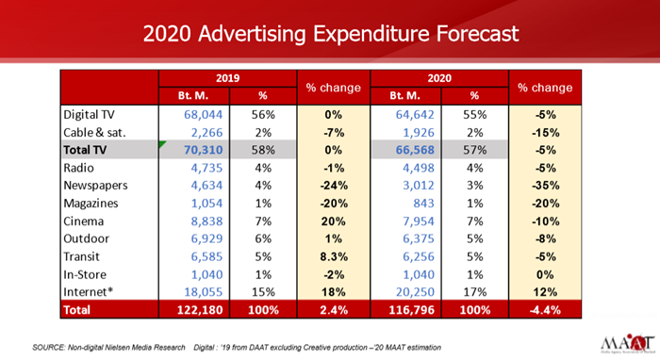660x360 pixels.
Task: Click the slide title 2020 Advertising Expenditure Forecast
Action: point(331,34)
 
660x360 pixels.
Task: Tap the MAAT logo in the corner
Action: point(627,344)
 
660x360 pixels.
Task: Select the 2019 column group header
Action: point(228,78)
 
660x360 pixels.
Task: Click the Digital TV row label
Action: point(89,114)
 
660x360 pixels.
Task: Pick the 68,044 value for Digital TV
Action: point(204,114)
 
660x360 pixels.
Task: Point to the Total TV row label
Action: point(85,150)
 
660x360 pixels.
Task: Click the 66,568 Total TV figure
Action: point(415,150)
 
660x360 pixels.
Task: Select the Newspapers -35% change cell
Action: point(545,186)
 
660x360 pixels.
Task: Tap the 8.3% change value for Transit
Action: point(334,256)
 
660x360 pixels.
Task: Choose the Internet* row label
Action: point(89,292)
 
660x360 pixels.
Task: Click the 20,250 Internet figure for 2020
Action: point(415,292)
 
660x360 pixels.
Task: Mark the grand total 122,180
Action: point(200,310)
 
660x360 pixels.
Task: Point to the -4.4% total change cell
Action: point(545,310)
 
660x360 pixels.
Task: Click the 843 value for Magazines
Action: point(423,204)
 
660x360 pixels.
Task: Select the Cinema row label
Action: point(83,221)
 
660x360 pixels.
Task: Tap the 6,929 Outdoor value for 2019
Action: point(206,238)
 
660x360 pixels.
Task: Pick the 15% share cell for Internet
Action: point(263,292)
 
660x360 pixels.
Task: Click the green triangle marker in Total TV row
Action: point(161,144)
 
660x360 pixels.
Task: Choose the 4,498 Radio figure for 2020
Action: point(419,168)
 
